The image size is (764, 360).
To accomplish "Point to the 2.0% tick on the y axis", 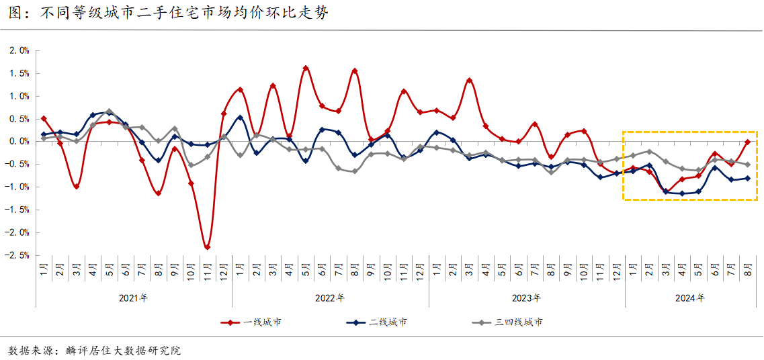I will (19, 50).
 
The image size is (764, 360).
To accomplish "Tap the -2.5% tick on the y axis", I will (17, 255).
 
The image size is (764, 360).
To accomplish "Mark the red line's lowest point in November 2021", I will (207, 247).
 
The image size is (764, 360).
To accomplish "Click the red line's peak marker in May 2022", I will (306, 68).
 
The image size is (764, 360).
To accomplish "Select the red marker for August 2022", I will (355, 71).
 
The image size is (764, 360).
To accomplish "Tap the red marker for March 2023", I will (469, 81).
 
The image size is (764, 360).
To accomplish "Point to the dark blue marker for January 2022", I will (240, 118).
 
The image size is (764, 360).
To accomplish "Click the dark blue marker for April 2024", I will (682, 193).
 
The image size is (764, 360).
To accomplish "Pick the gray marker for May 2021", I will (109, 111).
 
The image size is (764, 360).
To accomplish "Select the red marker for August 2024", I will (747, 142).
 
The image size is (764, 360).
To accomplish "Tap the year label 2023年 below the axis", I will (527, 298).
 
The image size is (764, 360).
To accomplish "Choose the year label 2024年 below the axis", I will (690, 298).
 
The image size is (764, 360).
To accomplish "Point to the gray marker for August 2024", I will (747, 165).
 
